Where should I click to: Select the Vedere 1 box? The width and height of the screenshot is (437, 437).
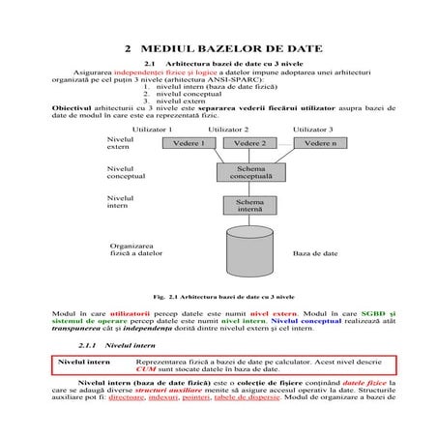(189, 143)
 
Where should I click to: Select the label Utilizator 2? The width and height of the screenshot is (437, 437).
(229, 129)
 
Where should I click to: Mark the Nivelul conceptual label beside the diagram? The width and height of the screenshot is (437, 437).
(127, 173)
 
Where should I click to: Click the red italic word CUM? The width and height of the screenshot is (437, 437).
(146, 370)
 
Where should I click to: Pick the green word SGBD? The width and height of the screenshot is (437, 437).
(372, 315)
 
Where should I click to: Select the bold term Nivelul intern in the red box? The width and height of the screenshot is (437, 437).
(85, 362)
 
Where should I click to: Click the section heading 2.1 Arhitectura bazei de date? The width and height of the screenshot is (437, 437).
(218, 64)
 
